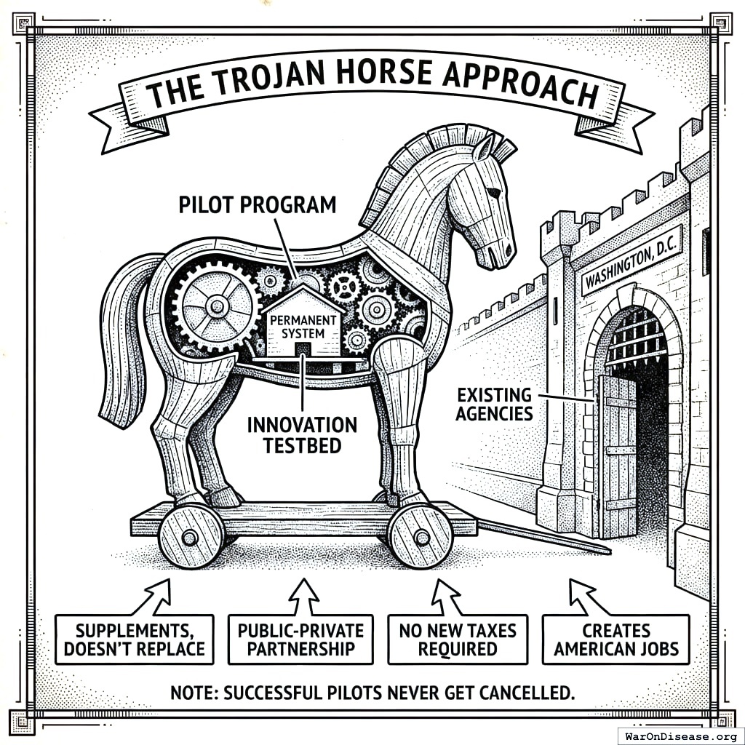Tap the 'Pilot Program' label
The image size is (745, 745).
pyautogui.click(x=258, y=204)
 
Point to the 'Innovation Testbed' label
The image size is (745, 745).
pyautogui.click(x=302, y=434)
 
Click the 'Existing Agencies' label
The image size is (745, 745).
pyautogui.click(x=495, y=405)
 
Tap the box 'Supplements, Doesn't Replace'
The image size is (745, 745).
pyautogui.click(x=135, y=638)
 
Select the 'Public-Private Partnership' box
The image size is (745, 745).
pyautogui.click(x=300, y=638)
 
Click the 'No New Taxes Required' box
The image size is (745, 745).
pyautogui.click(x=457, y=638)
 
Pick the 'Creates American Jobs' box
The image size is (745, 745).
pyautogui.click(x=615, y=638)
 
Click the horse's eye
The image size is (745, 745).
pyautogui.click(x=494, y=192)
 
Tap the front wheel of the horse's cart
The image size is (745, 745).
pyautogui.click(x=421, y=537)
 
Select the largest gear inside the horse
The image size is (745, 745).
pyautogui.click(x=216, y=306)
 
